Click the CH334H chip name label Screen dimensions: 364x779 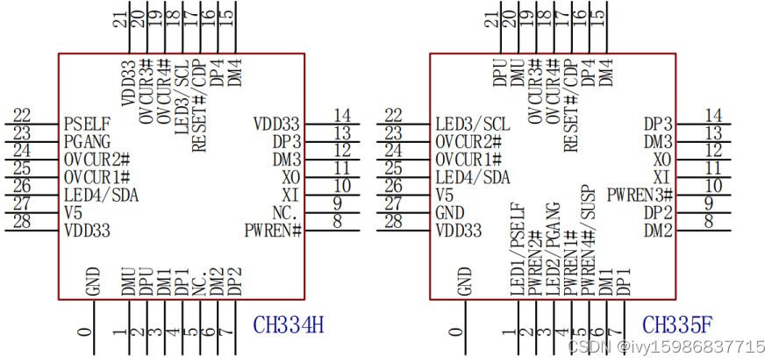[x=289, y=325]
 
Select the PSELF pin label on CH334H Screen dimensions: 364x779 [x=87, y=124]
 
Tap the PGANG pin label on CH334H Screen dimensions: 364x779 [x=88, y=141]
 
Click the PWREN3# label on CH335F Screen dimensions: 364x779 [x=640, y=194]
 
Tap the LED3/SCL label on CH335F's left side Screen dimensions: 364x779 [x=472, y=124]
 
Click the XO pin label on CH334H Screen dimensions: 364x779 [x=290, y=177]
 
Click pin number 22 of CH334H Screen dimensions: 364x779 [x=22, y=115]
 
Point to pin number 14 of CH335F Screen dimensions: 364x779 [x=713, y=115]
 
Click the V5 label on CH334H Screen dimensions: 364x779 [x=74, y=212]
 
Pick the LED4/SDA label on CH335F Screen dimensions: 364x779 [x=472, y=177]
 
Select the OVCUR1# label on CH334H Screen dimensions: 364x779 [x=96, y=177]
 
